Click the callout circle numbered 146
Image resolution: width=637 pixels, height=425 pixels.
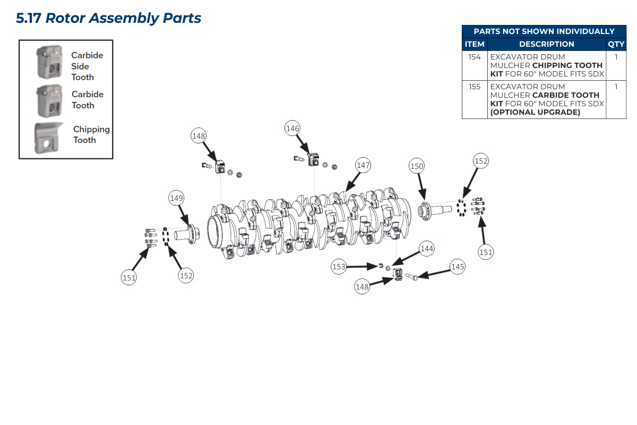(x=292, y=128)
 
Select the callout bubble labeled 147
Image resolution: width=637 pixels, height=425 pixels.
(x=363, y=165)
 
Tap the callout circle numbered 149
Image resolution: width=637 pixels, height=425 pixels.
(x=176, y=198)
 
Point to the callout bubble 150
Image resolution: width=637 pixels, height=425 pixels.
(x=417, y=166)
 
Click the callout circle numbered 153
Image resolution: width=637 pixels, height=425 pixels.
(x=339, y=267)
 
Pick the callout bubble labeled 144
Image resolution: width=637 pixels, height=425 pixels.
(x=427, y=248)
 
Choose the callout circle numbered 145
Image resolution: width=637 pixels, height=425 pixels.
(x=458, y=267)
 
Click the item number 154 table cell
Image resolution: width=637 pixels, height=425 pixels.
(x=475, y=57)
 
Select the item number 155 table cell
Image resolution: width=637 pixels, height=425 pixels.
(x=475, y=87)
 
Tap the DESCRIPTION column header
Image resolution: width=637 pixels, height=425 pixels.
(x=546, y=44)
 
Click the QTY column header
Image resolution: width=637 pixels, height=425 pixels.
(x=616, y=44)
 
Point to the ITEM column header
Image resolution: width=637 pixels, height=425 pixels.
(x=475, y=44)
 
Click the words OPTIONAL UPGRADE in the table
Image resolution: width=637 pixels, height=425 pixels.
(x=535, y=112)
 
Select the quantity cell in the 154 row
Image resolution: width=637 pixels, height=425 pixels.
(x=616, y=57)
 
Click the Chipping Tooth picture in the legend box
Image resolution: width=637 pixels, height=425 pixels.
(x=49, y=138)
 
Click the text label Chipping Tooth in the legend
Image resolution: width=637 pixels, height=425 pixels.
(x=91, y=134)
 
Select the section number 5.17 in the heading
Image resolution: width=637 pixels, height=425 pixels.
(x=28, y=18)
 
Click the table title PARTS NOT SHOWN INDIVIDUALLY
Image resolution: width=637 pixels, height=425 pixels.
(x=544, y=31)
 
